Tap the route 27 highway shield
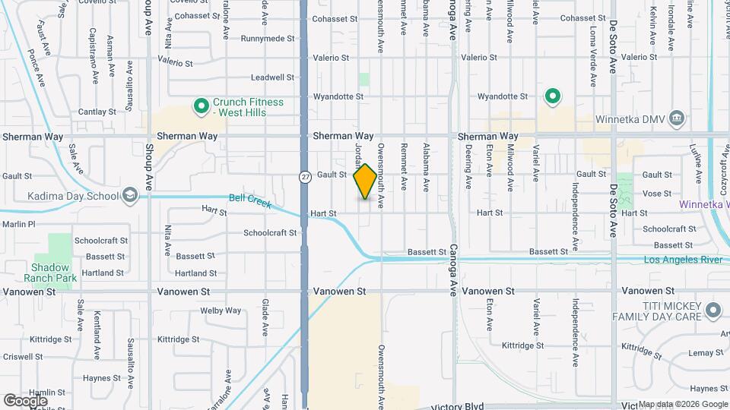point(304,176)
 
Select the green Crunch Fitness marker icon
point(202,106)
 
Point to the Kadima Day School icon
point(130,196)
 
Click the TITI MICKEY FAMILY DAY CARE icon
point(713,310)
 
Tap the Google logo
point(25,400)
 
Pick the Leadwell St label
point(273,77)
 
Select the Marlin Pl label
point(18,224)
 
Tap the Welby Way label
point(221,311)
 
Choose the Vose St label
point(656,194)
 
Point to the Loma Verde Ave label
point(593,46)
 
